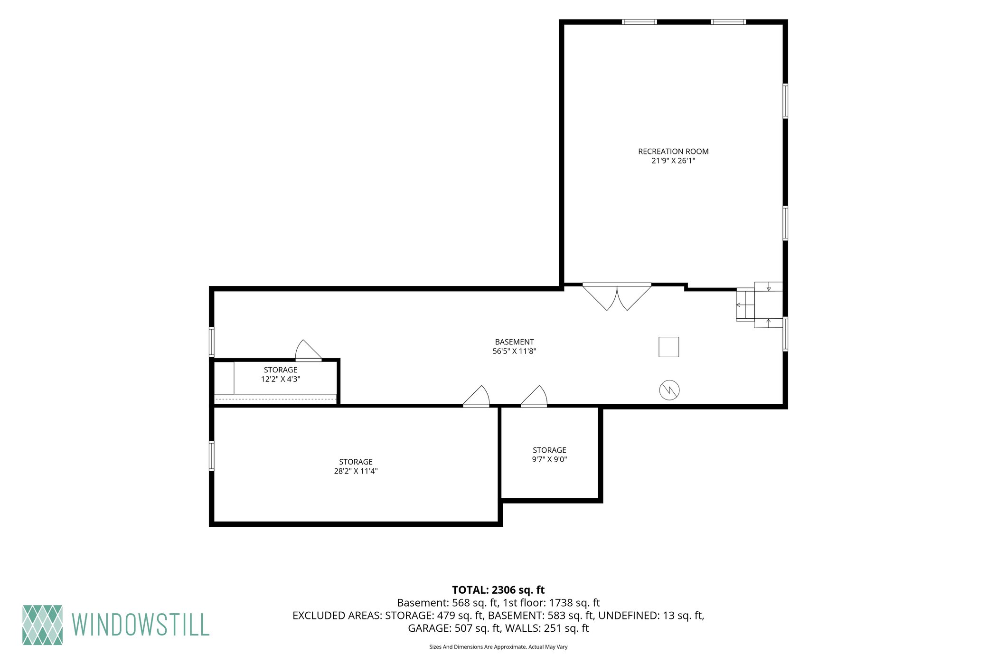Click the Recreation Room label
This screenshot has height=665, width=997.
click(x=673, y=152)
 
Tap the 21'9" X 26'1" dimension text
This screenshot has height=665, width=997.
click(x=673, y=161)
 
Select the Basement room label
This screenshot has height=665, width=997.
click(x=514, y=342)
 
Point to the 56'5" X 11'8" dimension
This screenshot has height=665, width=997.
click(x=514, y=351)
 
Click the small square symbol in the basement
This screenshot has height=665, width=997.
click(x=668, y=347)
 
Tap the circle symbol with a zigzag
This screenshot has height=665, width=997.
click(x=669, y=390)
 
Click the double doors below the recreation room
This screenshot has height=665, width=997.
click(x=617, y=297)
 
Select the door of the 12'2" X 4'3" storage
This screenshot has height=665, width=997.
click(x=309, y=351)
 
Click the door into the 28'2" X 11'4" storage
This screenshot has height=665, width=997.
click(x=476, y=396)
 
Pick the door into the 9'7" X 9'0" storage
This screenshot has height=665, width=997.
click(x=534, y=396)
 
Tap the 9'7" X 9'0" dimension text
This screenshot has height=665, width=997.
click(x=549, y=459)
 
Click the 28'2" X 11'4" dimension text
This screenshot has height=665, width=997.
click(x=356, y=471)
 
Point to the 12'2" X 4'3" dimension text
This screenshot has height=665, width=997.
click(x=281, y=379)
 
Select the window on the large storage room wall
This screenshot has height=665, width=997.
click(x=212, y=456)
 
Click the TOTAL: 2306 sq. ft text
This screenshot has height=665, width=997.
click(x=498, y=590)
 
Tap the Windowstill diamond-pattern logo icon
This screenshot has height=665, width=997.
click(x=42, y=625)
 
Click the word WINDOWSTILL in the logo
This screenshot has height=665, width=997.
click(x=141, y=625)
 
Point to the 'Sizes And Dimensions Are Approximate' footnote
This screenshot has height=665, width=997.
click(x=498, y=647)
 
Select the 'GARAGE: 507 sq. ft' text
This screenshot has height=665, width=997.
click(x=454, y=628)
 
